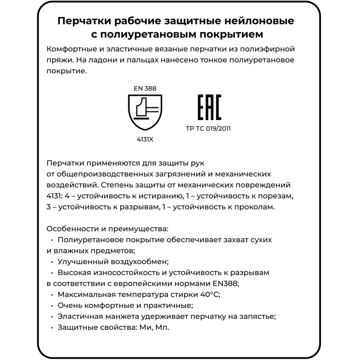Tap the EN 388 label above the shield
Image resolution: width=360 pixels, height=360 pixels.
145,89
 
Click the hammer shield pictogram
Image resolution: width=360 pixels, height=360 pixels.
145,113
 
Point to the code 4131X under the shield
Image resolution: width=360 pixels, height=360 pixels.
145,139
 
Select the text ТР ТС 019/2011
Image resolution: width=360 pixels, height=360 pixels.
208,128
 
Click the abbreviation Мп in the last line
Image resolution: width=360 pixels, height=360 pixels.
161,327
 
